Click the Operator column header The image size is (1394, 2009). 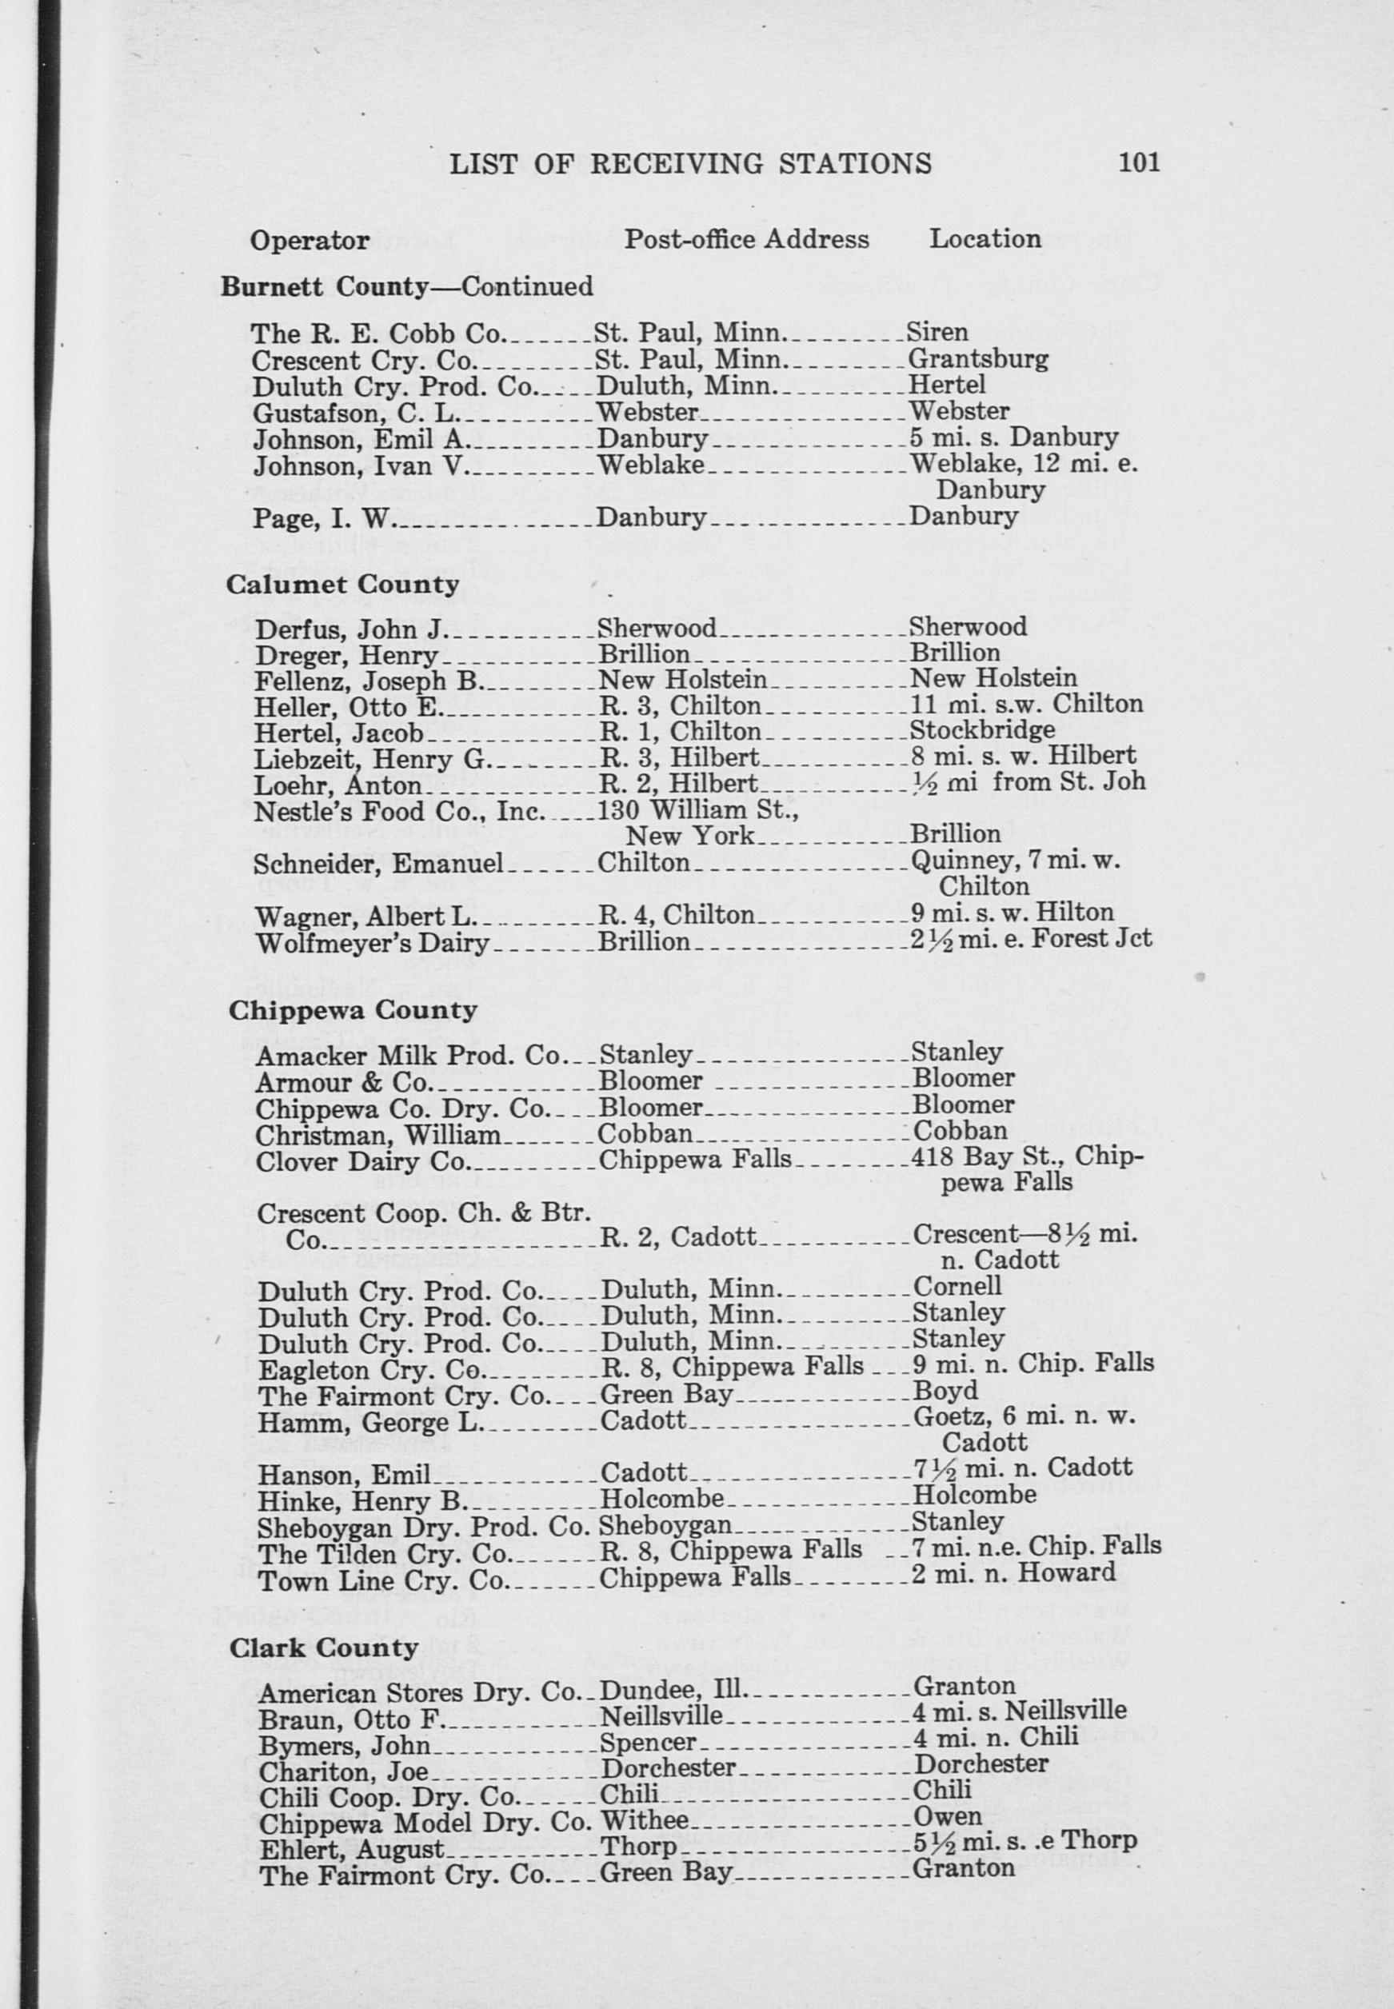(310, 240)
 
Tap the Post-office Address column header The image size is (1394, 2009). (746, 239)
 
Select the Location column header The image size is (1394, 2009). (985, 238)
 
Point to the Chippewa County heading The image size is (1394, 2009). (353, 1010)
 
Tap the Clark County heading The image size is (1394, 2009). (324, 1648)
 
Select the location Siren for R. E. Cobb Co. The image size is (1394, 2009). (937, 332)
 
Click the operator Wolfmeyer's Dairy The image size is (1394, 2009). (371, 942)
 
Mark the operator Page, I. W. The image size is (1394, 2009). (325, 519)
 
